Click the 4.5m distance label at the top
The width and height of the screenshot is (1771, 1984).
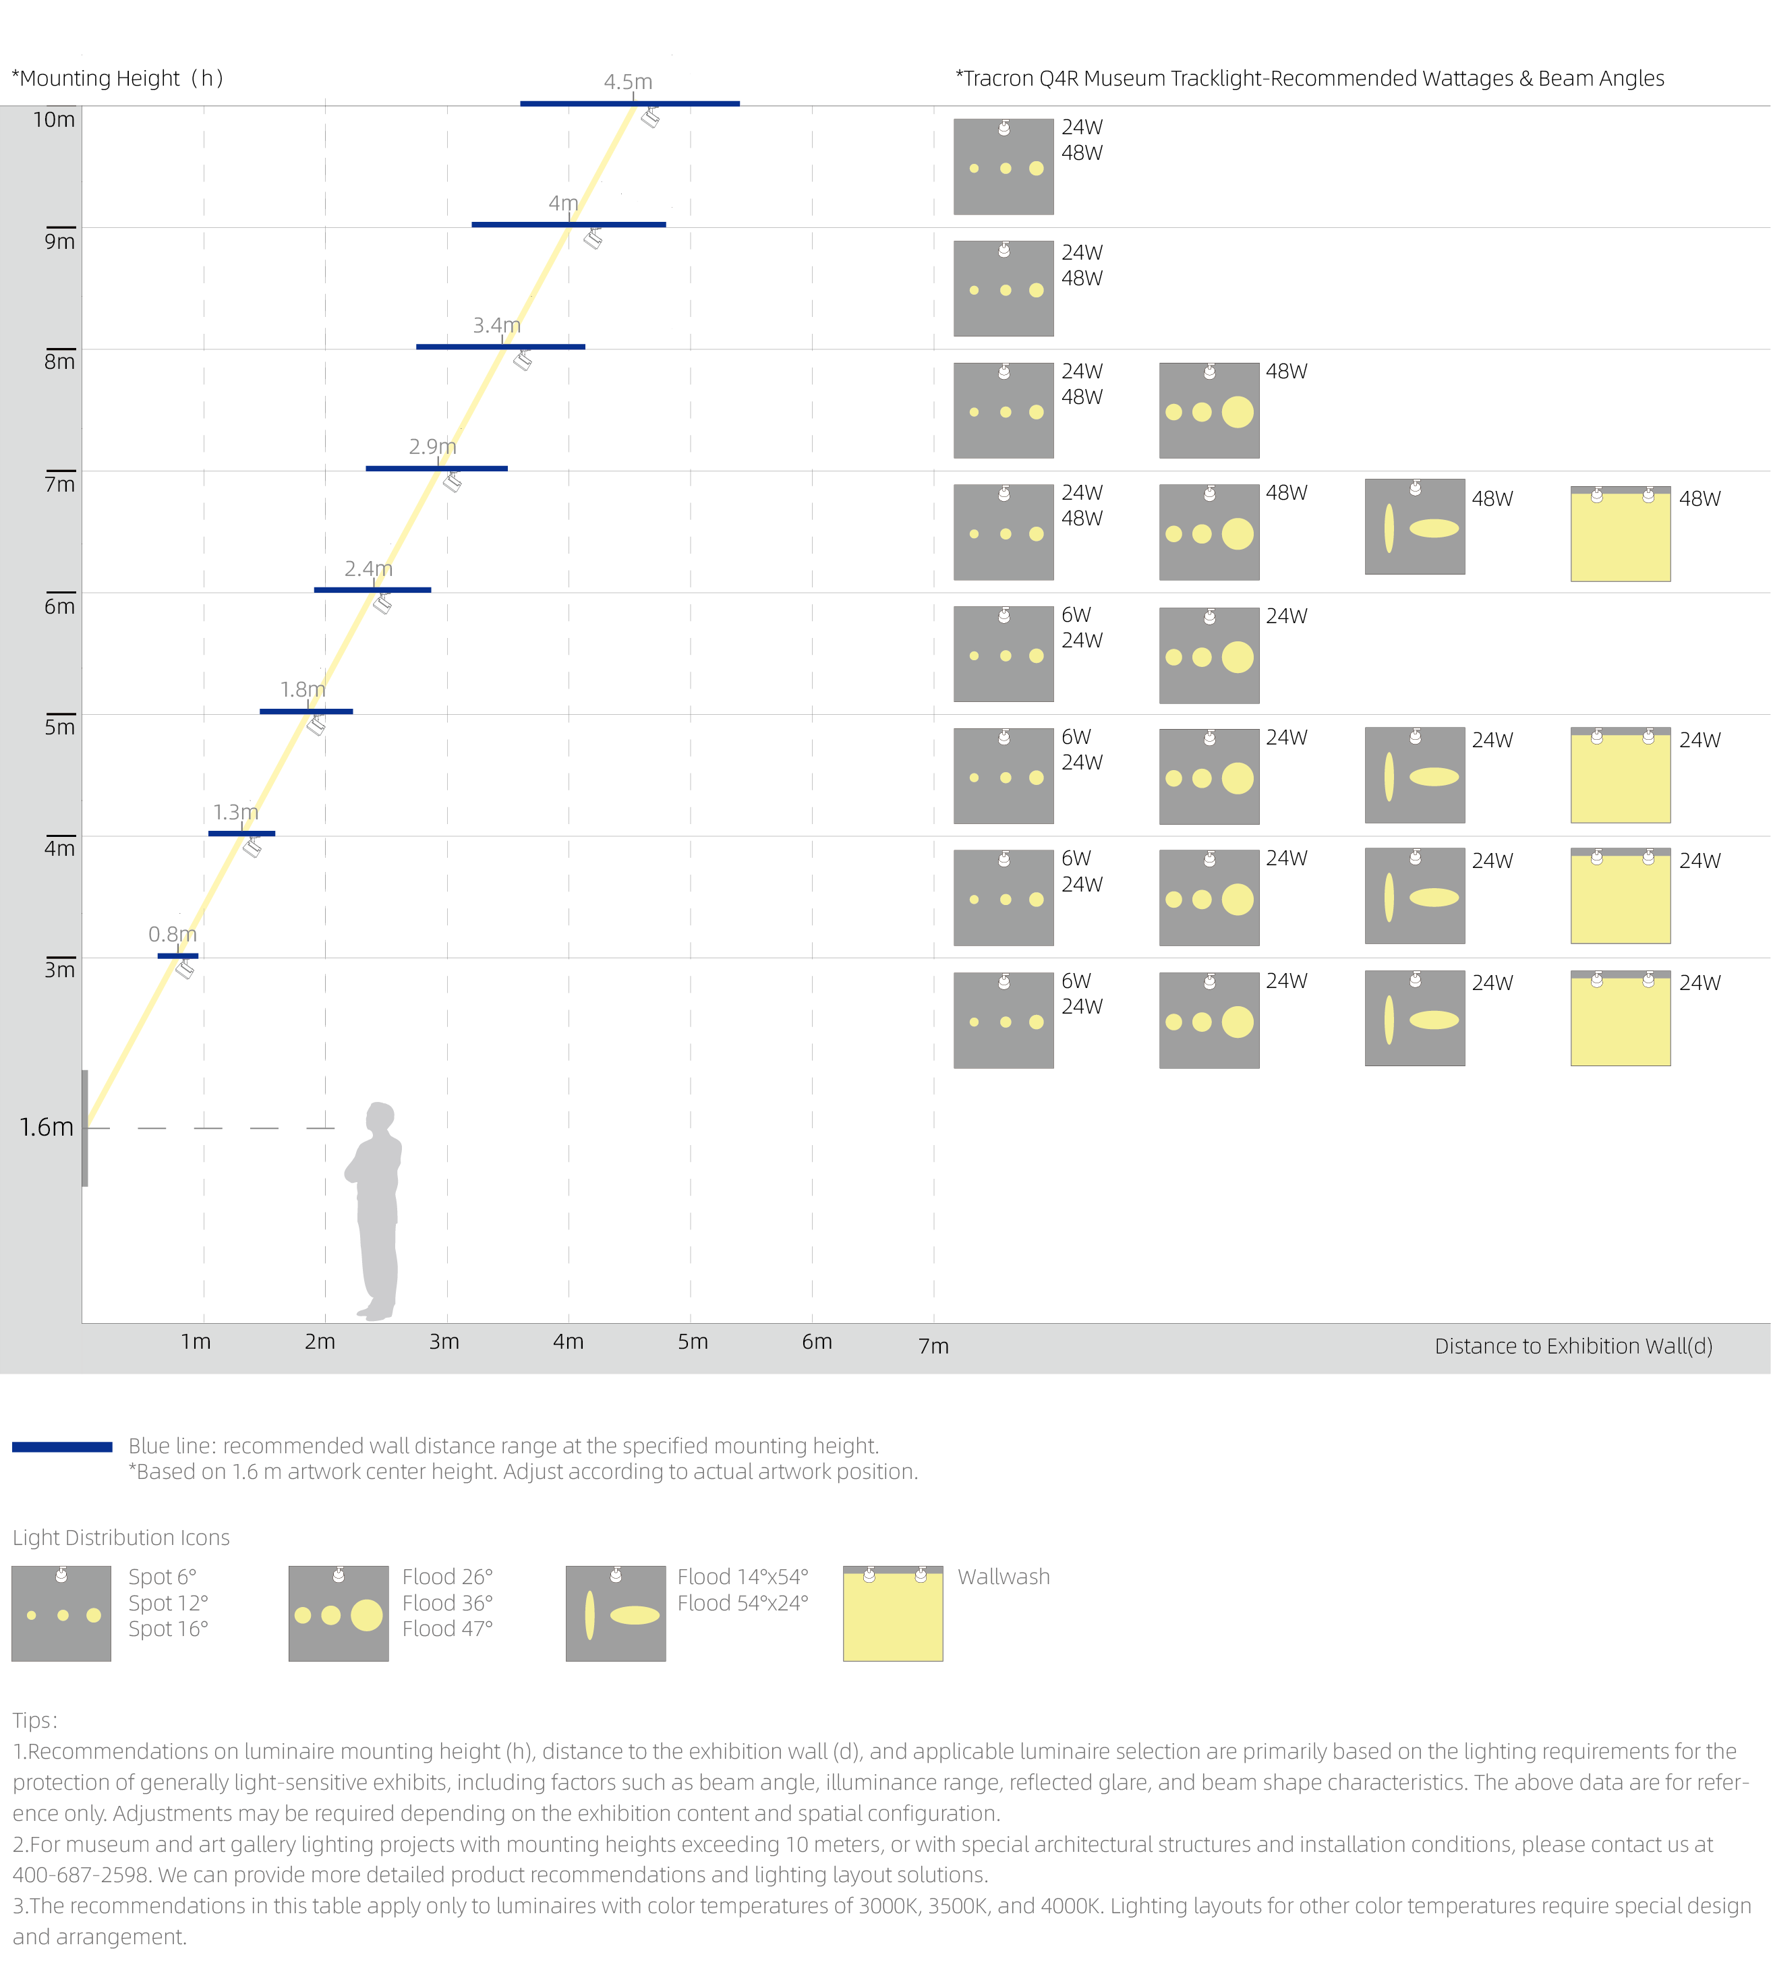point(628,82)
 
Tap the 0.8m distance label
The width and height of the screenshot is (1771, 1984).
point(172,934)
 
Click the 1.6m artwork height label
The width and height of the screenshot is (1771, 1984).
point(47,1127)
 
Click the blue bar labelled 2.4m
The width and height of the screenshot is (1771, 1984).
point(373,589)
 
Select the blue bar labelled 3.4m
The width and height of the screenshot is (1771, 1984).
point(500,347)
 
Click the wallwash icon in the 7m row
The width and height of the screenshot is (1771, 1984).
point(1620,533)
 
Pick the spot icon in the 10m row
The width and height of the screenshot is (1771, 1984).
point(1004,167)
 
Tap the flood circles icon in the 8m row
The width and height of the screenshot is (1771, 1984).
point(1209,411)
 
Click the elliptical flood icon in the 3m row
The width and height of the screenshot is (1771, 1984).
point(1415,1018)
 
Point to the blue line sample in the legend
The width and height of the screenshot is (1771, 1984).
point(62,1447)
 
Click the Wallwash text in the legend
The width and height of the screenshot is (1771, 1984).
point(1004,1576)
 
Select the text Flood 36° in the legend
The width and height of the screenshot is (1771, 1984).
point(448,1602)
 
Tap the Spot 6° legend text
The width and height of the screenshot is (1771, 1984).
point(163,1576)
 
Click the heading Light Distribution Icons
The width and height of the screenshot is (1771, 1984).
point(121,1538)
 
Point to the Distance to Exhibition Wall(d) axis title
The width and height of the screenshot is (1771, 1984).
point(1573,1345)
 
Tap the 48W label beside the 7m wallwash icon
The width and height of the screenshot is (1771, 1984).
point(1700,498)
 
